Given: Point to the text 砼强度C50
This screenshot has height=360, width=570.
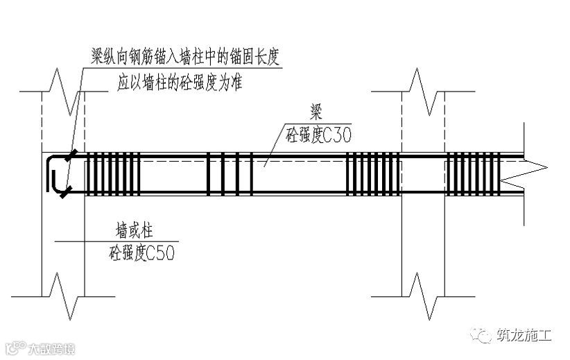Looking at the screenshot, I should [141, 253].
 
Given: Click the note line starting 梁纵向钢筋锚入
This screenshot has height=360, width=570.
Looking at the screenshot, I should [185, 57].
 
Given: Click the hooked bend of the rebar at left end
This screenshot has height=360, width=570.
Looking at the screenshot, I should [52, 173].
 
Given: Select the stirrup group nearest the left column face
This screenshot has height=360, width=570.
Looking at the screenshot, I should [112, 174].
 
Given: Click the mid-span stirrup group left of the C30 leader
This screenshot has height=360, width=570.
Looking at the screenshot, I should [229, 174].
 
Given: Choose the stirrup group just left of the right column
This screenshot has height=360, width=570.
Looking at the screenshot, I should [373, 174].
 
